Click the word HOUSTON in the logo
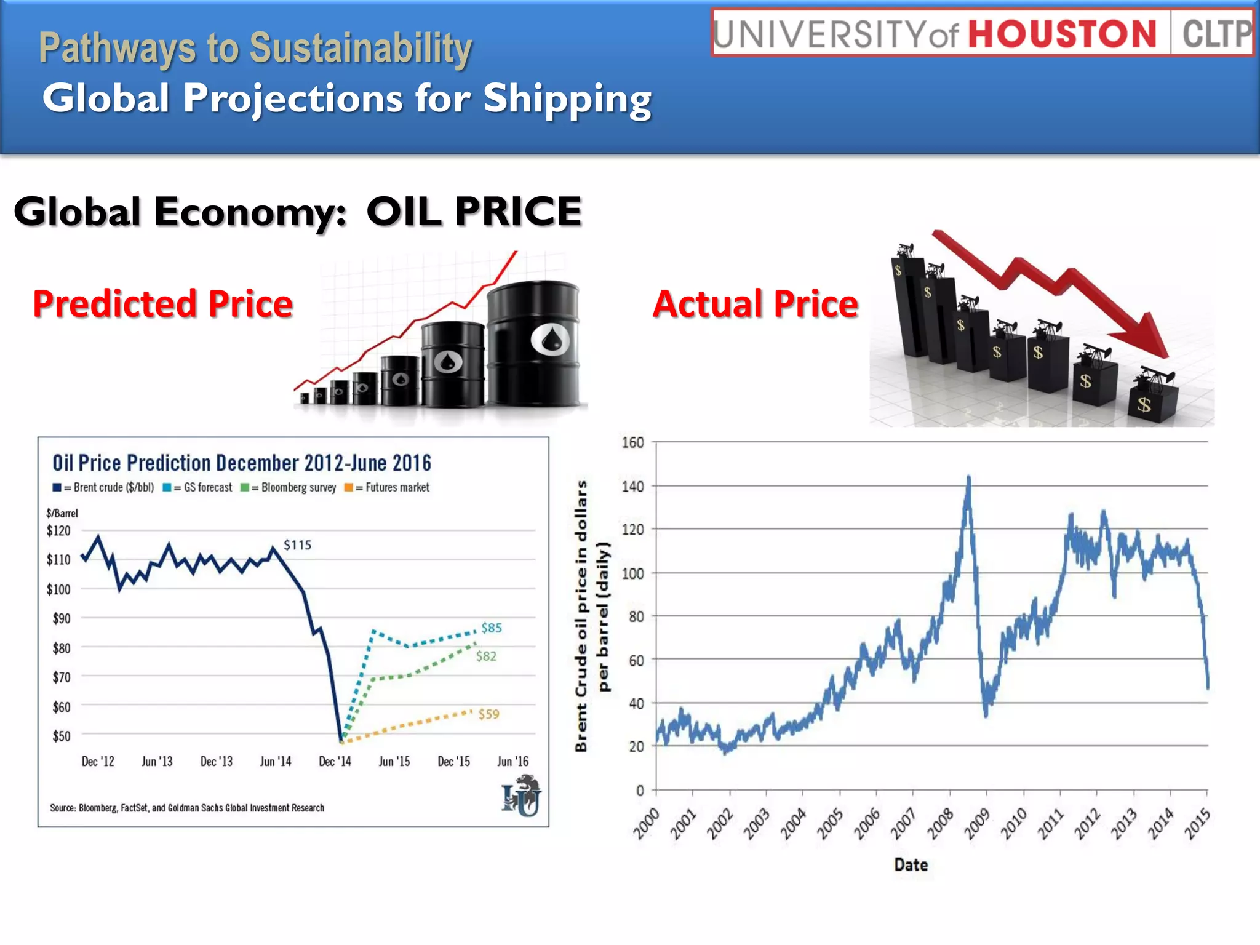[x=1063, y=34]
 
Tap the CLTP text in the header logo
[x=1216, y=34]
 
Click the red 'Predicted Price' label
[x=163, y=304]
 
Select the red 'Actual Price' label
[x=756, y=304]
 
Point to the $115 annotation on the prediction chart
[x=297, y=545]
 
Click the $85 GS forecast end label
[x=492, y=628]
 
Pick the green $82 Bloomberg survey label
[x=486, y=656]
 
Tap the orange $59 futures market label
[x=488, y=714]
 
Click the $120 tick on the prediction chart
[x=58, y=530]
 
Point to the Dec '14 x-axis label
[x=335, y=762]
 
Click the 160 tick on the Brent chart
[x=632, y=442]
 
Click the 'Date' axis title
[x=911, y=864]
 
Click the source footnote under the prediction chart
[x=187, y=808]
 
